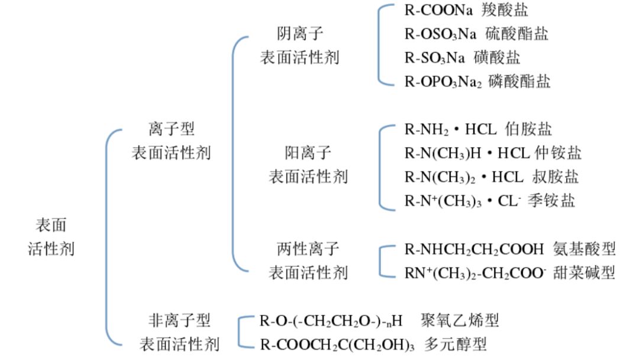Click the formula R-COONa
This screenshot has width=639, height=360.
(x=438, y=10)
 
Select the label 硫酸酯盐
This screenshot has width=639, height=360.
(x=517, y=34)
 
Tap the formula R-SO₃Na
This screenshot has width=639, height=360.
(x=434, y=58)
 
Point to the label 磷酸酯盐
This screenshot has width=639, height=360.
(x=519, y=81)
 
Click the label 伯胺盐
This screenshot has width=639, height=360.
(x=528, y=129)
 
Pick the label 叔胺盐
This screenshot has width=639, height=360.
(x=555, y=177)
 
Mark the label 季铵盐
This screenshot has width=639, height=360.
(x=551, y=201)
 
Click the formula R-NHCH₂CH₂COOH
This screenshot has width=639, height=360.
(x=474, y=249)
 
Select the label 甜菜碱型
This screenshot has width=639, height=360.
(x=584, y=273)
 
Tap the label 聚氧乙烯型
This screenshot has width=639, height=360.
(x=460, y=320)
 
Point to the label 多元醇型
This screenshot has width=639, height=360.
(x=455, y=345)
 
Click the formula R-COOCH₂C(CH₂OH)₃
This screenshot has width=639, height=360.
(x=337, y=345)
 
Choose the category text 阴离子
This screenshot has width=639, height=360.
(x=300, y=33)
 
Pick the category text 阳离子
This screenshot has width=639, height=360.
(x=308, y=153)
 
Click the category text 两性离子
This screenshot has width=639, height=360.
(x=308, y=249)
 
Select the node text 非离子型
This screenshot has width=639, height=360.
(x=179, y=320)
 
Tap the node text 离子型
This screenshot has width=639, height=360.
(x=172, y=129)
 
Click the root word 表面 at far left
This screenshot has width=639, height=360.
(x=51, y=225)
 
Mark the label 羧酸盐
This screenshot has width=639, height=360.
(x=505, y=10)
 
